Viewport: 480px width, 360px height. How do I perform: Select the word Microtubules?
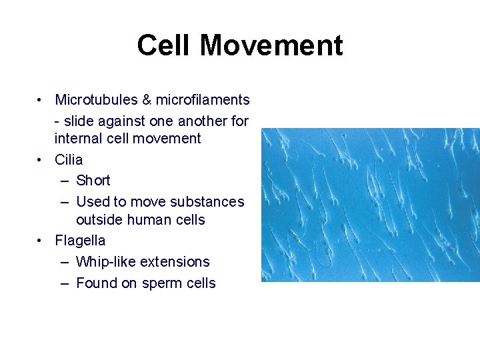96,100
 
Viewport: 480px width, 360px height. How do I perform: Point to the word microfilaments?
203,100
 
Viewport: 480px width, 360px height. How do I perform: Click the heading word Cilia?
69,160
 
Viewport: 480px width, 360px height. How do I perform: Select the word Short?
93,181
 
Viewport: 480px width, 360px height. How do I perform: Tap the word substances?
208,201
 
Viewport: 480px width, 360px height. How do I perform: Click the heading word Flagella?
80,240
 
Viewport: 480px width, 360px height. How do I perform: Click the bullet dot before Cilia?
41,160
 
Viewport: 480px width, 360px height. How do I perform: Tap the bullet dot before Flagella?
41,240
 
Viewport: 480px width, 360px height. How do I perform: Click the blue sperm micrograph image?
370,205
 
